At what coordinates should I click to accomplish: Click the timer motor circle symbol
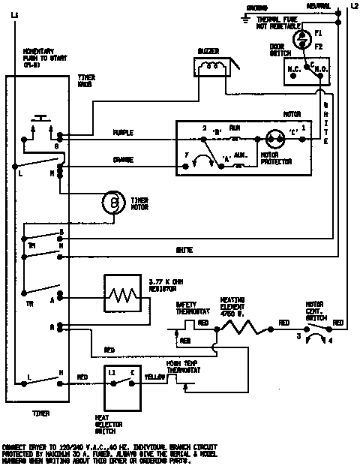pyautogui.click(x=113, y=203)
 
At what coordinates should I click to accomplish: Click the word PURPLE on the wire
pyautogui.click(x=123, y=133)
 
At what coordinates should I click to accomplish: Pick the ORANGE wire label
pyautogui.click(x=123, y=158)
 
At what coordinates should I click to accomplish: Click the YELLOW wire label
pyautogui.click(x=154, y=376)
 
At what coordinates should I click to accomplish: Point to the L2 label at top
pyautogui.click(x=353, y=6)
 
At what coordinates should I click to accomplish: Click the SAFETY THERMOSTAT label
pyautogui.click(x=187, y=308)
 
